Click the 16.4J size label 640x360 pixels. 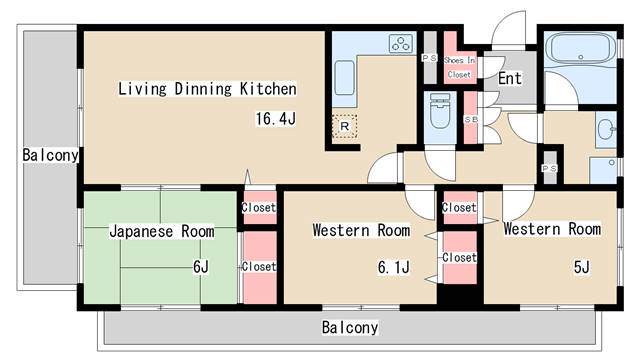click(x=276, y=118)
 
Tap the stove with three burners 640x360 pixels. click(x=400, y=44)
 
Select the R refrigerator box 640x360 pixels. click(x=344, y=126)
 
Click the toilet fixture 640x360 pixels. click(x=440, y=111)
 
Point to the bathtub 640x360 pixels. click(x=580, y=49)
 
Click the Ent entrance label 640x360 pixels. click(x=510, y=78)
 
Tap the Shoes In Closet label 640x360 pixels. click(x=460, y=67)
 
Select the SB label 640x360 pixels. click(x=471, y=120)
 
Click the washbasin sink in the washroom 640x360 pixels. click(x=606, y=130)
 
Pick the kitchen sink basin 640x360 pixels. click(x=344, y=78)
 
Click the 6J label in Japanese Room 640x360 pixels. click(x=201, y=267)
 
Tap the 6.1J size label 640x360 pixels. click(x=393, y=267)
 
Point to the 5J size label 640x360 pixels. click(x=582, y=267)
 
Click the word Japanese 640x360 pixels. click(x=141, y=231)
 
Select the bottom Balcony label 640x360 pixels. click(x=350, y=327)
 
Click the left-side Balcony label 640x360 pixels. click(x=50, y=155)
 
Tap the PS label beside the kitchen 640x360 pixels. click(x=429, y=58)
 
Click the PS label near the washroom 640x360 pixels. click(x=549, y=168)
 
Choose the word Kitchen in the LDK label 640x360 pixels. click(x=268, y=89)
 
